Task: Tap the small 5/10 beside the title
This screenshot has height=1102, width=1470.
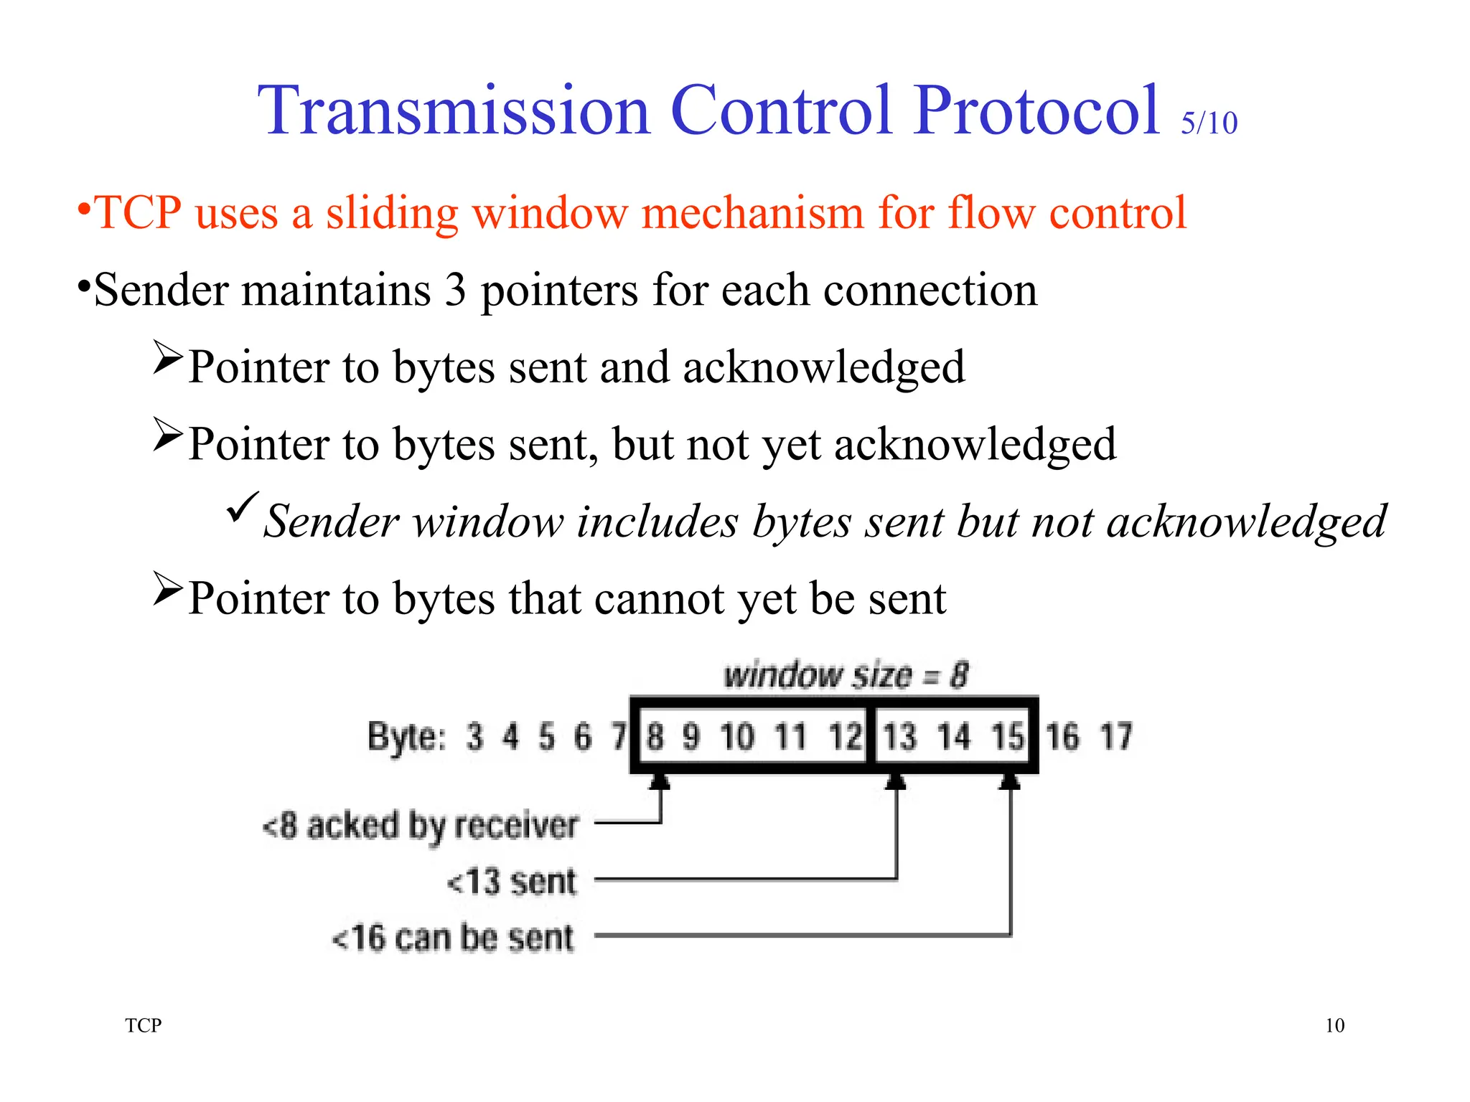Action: [x=1209, y=123]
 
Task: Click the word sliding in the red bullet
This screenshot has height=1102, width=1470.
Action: [x=392, y=213]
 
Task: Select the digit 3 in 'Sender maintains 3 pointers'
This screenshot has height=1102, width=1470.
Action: [x=455, y=291]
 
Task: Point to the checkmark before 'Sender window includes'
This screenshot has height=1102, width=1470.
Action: [x=242, y=507]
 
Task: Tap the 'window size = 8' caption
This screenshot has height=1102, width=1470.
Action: [x=846, y=675]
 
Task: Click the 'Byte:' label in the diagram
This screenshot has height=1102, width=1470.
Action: [x=406, y=737]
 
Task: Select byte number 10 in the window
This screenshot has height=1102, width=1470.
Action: [x=737, y=737]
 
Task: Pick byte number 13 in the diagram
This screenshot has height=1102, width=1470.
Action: [x=899, y=737]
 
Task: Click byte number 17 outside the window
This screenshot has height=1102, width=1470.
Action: [x=1116, y=737]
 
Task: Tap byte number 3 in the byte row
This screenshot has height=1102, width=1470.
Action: [x=474, y=737]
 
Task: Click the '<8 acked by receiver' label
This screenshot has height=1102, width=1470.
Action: [x=421, y=826]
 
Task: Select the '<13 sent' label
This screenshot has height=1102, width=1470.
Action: [x=512, y=882]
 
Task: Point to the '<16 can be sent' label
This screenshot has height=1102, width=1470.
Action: [x=453, y=938]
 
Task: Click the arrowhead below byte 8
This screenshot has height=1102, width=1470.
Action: [x=660, y=781]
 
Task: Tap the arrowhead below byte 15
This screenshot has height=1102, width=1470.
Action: [x=1010, y=781]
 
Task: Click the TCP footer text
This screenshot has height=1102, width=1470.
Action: [x=144, y=1025]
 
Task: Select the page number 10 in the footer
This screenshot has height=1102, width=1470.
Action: [x=1334, y=1025]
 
